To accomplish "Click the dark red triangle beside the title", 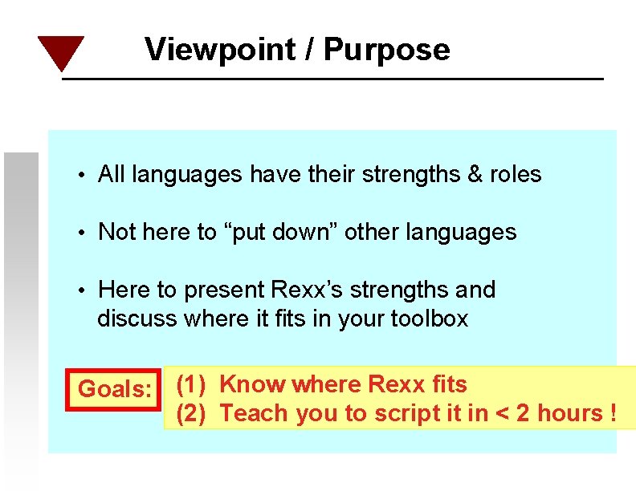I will tap(60, 51).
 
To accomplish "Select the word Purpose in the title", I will tap(387, 50).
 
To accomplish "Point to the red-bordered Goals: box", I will tap(115, 390).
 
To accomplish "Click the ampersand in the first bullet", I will tap(475, 174).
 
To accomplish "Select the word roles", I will tap(516, 174).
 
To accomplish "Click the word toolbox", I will tap(429, 319).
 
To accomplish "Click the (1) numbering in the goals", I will tap(191, 384).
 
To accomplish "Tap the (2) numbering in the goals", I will tap(191, 413).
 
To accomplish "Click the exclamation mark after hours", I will tap(612, 413).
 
